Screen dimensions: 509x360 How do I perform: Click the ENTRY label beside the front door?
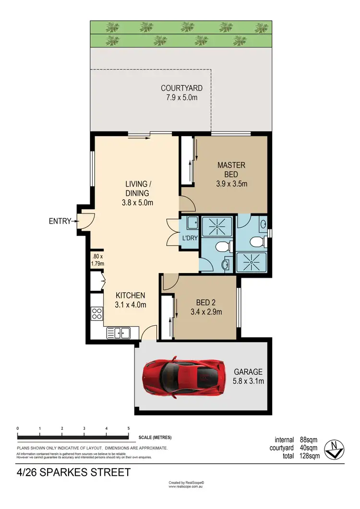pos(59,221)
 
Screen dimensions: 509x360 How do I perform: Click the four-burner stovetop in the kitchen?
pos(96,314)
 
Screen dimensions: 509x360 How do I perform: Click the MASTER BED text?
pos(231,169)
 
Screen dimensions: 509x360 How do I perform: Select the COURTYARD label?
pos(181,88)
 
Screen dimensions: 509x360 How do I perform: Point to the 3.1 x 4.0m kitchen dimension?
pos(130,305)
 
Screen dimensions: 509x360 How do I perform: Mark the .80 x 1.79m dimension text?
pos(97,260)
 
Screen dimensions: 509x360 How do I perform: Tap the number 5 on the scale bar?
pos(128,428)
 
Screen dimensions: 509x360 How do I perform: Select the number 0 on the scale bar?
pos(17,428)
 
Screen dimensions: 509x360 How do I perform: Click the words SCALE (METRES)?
pos(155,438)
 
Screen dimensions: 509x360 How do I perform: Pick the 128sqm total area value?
pos(308,456)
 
